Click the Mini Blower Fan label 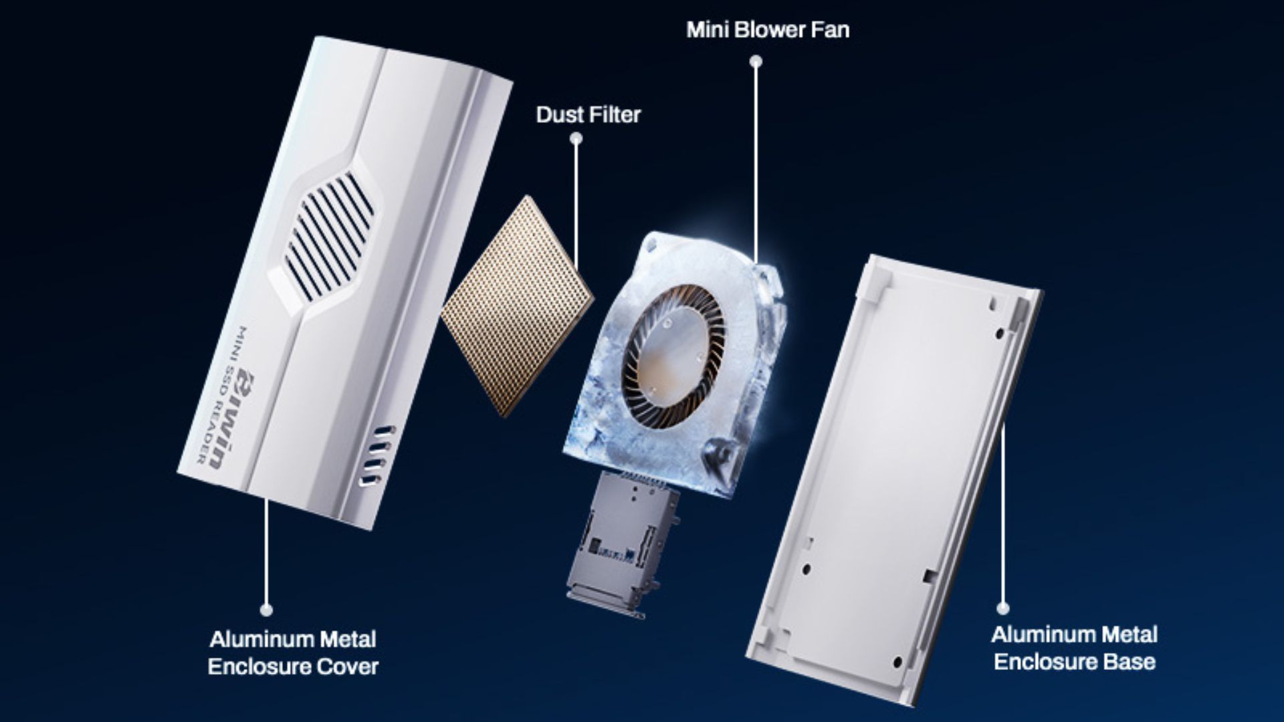(x=768, y=30)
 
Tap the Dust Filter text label (x=588, y=115)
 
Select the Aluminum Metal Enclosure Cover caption (x=293, y=652)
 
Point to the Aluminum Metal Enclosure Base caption (x=1074, y=648)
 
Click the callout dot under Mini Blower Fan (x=756, y=62)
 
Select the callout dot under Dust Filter (x=575, y=139)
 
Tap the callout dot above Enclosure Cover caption (x=266, y=610)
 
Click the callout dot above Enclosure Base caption (x=1002, y=608)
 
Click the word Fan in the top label (x=830, y=30)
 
